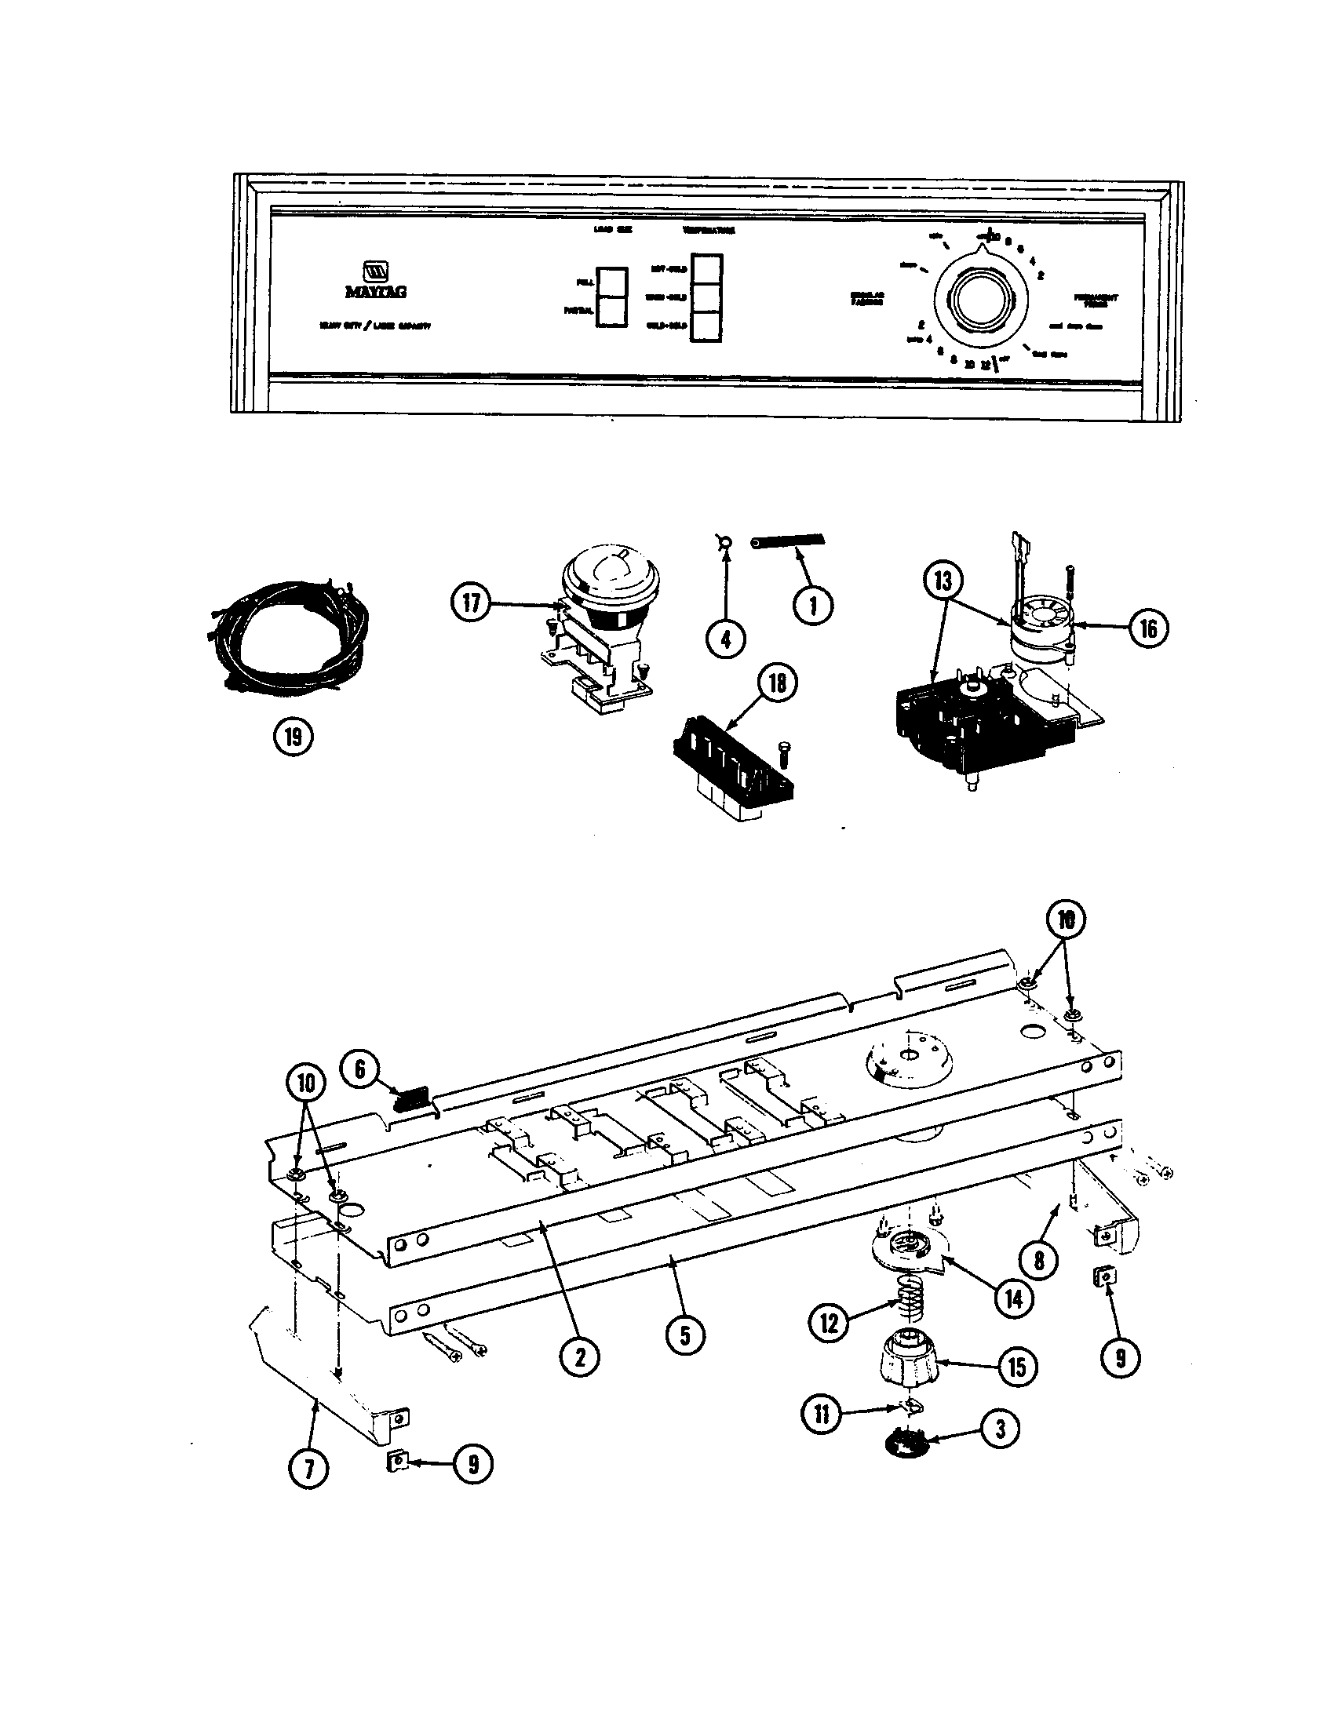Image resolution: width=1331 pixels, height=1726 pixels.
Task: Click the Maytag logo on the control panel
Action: click(375, 281)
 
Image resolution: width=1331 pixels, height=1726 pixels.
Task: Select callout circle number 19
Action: click(293, 738)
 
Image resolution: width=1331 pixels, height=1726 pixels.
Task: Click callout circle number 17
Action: click(471, 603)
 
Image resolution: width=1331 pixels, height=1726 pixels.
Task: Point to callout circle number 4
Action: click(726, 638)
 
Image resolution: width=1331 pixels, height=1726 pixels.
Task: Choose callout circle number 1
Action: click(812, 606)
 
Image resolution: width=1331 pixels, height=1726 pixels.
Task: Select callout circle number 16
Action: click(1148, 628)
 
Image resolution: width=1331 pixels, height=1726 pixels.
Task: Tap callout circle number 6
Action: click(359, 1069)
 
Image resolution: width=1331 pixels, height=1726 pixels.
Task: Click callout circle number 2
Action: click(579, 1358)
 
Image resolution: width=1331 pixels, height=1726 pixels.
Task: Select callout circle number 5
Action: click(684, 1335)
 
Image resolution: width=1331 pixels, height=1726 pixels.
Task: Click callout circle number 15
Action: click(1016, 1367)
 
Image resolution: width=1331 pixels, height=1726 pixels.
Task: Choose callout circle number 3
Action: click(1000, 1429)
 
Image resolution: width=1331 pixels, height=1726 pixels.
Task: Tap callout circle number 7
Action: click(308, 1469)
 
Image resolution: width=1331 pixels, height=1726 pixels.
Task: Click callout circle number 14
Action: click(1012, 1298)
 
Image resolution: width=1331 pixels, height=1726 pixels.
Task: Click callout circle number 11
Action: click(822, 1415)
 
